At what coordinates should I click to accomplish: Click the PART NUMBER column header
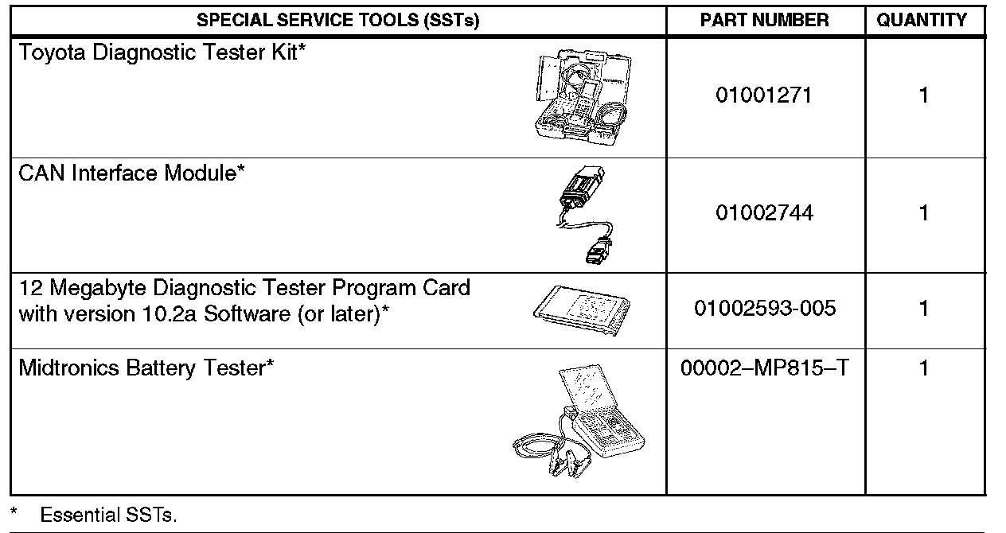pyautogui.click(x=764, y=21)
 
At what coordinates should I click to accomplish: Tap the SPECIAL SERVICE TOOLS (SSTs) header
pyautogui.click(x=337, y=21)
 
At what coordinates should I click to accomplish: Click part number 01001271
pyautogui.click(x=764, y=95)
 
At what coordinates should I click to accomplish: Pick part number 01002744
pyautogui.click(x=764, y=213)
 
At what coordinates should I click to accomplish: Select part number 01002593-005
pyautogui.click(x=765, y=308)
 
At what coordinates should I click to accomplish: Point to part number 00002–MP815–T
pyautogui.click(x=764, y=369)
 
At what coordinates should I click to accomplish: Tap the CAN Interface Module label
pyautogui.click(x=131, y=173)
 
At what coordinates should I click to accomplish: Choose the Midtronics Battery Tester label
pyautogui.click(x=146, y=368)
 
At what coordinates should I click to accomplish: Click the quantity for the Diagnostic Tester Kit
pyautogui.click(x=923, y=95)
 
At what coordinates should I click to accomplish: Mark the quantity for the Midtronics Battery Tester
pyautogui.click(x=923, y=369)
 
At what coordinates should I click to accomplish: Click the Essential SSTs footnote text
pyautogui.click(x=108, y=515)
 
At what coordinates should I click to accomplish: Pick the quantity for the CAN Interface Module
pyautogui.click(x=923, y=213)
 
